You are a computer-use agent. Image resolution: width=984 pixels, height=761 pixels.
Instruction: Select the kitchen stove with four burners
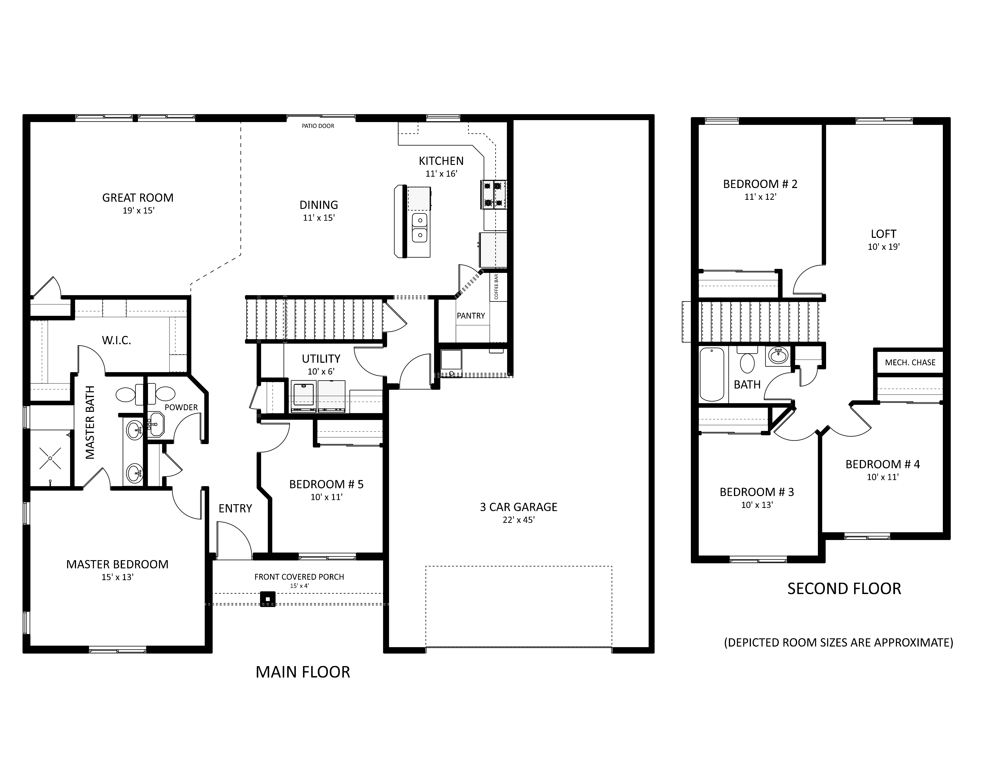(x=493, y=194)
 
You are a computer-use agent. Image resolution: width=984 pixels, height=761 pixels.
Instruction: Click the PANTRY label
(x=471, y=316)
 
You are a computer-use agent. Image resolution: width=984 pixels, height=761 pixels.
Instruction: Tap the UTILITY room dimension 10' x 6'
(x=321, y=372)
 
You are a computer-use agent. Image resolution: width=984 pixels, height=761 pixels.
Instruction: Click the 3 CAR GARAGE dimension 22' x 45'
(x=519, y=520)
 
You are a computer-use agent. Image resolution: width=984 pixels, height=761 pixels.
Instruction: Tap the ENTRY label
(x=235, y=509)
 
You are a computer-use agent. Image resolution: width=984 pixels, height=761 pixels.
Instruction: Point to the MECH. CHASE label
(x=910, y=362)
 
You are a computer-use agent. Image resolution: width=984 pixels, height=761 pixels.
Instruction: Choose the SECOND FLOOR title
(x=844, y=589)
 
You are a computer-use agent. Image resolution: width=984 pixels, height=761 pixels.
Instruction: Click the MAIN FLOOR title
(x=303, y=672)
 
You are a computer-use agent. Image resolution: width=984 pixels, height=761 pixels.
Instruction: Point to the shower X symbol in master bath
(x=50, y=458)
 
